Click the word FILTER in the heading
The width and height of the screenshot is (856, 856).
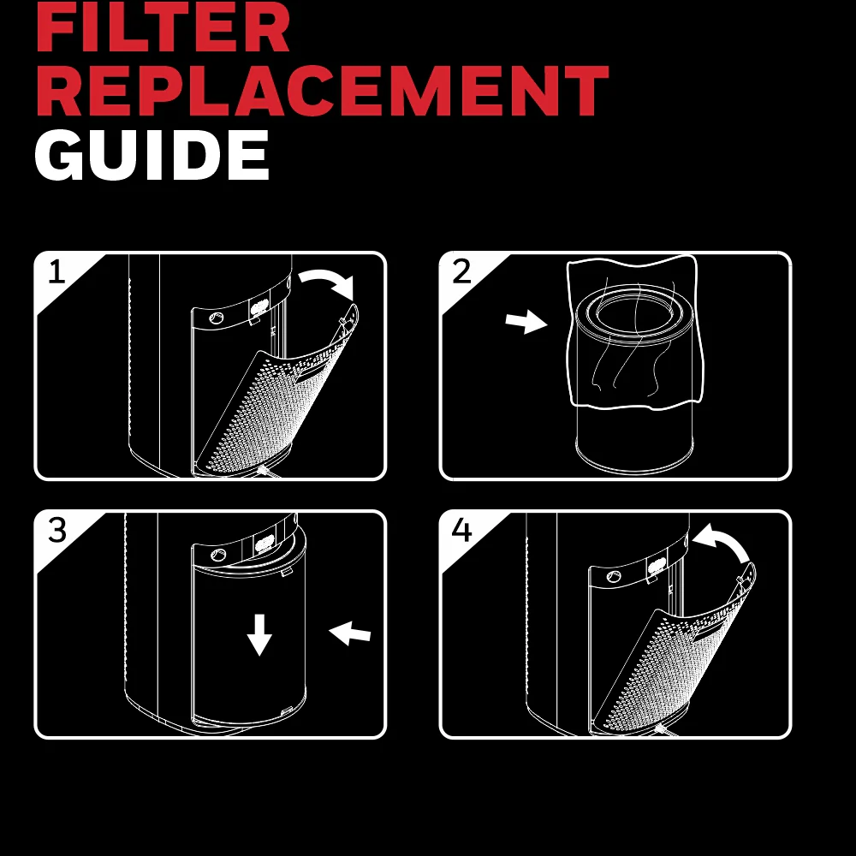(x=163, y=27)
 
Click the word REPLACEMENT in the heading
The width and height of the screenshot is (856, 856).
(x=322, y=90)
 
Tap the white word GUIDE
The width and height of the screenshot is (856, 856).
(x=152, y=154)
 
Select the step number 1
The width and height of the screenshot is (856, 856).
(x=56, y=271)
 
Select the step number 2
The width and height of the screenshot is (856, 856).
(x=461, y=271)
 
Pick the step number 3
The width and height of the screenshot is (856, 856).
(x=56, y=530)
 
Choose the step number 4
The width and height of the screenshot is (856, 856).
(x=461, y=530)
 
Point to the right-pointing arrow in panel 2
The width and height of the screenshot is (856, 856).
(x=526, y=322)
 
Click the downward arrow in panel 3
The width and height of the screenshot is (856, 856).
(x=259, y=634)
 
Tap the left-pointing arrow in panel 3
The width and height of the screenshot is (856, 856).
(x=350, y=633)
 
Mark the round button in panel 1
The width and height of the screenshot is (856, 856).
(x=217, y=318)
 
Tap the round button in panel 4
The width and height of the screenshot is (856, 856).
(x=614, y=576)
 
